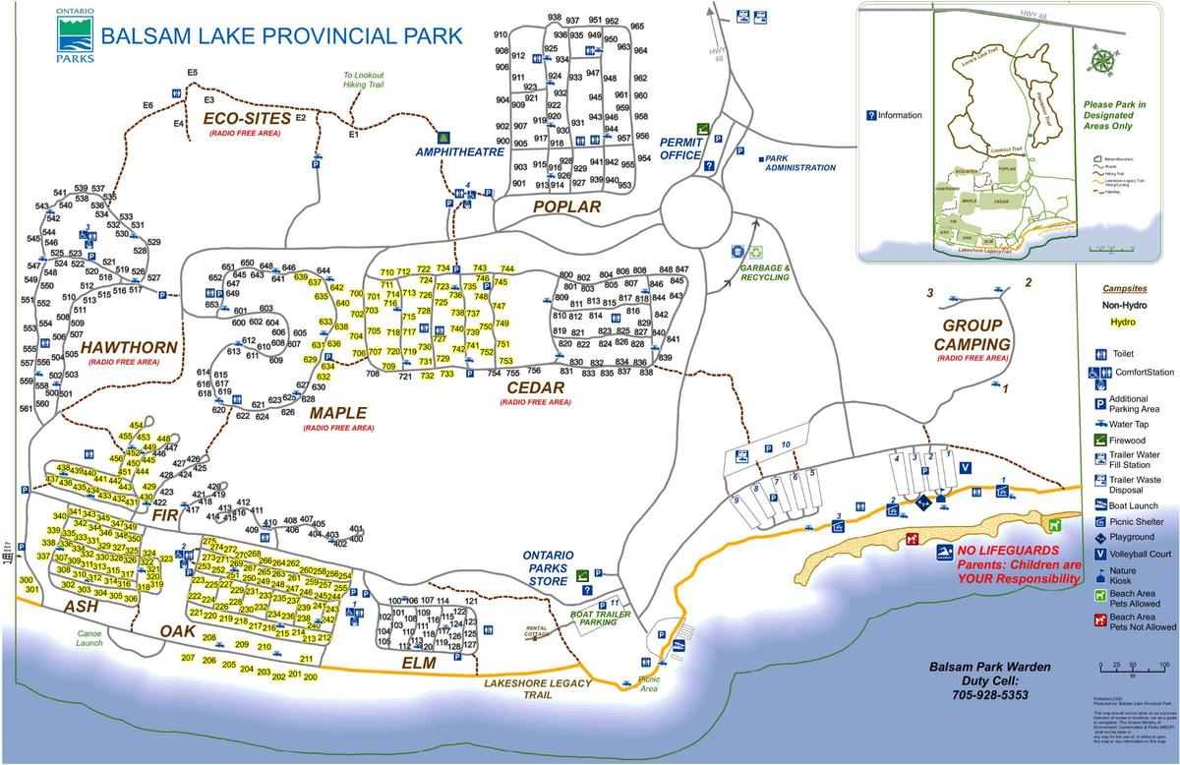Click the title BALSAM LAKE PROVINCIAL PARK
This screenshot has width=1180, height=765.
coord(281,36)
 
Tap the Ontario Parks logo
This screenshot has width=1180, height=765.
coord(75,36)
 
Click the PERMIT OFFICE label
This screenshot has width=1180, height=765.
coord(680,148)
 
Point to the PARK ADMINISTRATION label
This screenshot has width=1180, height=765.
coord(799,162)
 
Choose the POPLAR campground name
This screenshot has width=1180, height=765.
coord(566,206)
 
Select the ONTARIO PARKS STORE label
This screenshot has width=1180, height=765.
coord(547,567)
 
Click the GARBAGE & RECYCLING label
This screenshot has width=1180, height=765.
coord(765,272)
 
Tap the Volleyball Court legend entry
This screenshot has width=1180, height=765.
coord(1131,555)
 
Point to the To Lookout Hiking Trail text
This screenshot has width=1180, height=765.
coord(363,80)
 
